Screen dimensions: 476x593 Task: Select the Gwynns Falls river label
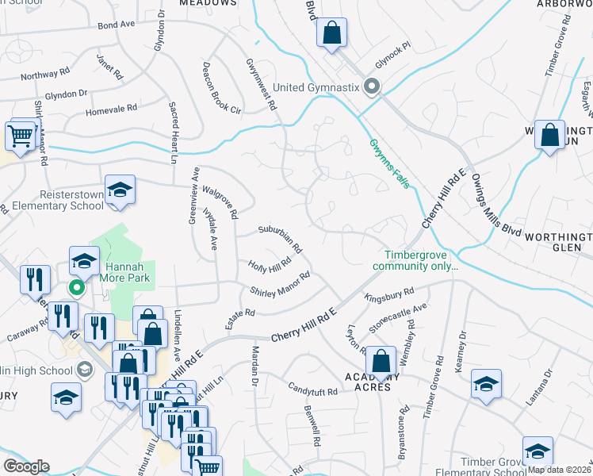click(389, 164)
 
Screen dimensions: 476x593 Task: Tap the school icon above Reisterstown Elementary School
click(120, 190)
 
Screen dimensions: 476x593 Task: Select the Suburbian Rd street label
click(280, 238)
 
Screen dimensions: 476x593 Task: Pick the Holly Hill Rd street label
click(270, 264)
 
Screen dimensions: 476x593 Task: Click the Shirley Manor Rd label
click(279, 284)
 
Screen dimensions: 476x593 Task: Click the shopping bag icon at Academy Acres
click(381, 361)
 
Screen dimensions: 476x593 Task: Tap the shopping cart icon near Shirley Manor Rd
click(21, 135)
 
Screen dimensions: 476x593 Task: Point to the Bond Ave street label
click(116, 25)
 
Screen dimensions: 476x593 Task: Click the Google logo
click(26, 466)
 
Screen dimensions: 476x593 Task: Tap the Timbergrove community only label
click(421, 261)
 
